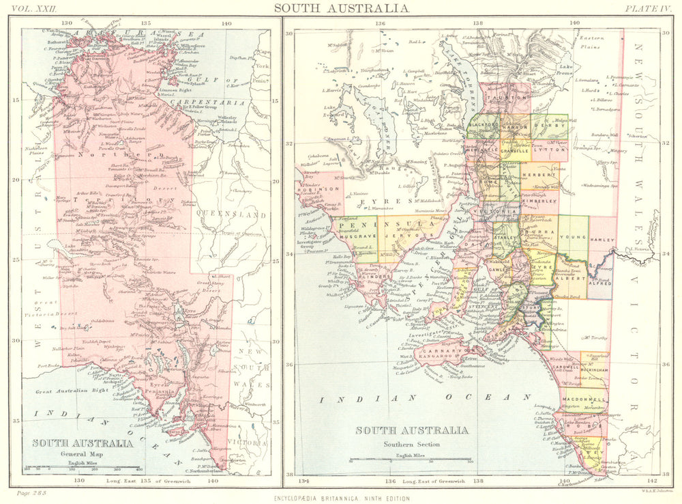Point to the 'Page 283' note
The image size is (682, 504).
(29, 493)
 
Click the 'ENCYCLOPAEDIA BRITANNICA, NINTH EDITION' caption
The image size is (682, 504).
(342, 499)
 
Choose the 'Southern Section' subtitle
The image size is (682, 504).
(411, 444)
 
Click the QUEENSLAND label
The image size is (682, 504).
(229, 214)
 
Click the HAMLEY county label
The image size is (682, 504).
(602, 240)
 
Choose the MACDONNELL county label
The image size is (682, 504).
(584, 399)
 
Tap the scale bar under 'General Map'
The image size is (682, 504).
(82, 468)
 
